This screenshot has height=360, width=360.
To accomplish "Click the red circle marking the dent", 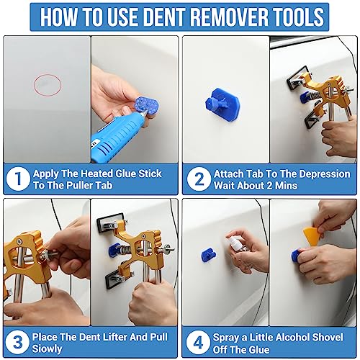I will click(47, 85).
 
